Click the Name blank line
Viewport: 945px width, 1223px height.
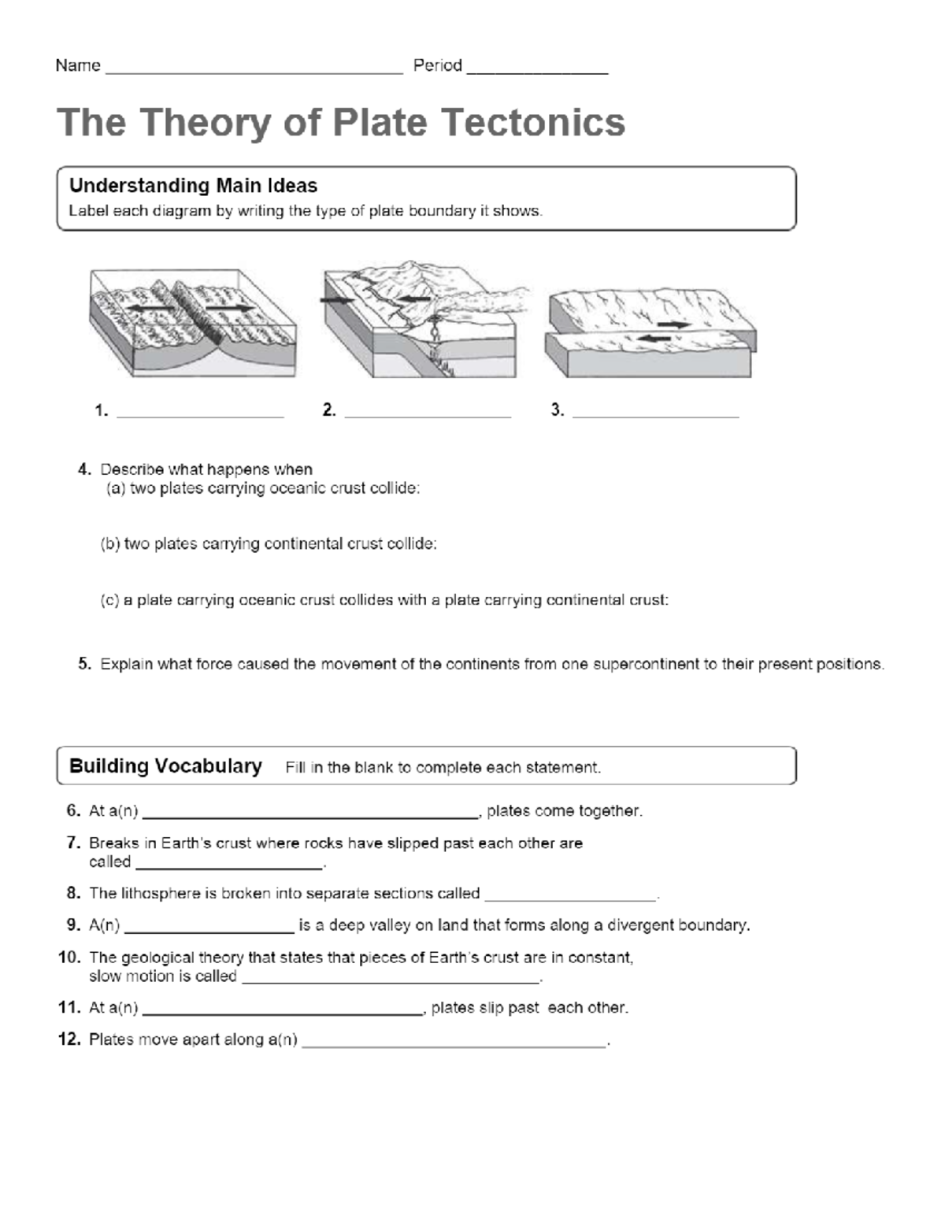(254, 71)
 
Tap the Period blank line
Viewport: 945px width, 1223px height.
(537, 71)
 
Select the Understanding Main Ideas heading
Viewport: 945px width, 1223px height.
(193, 186)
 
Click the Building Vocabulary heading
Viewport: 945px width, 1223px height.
(165, 766)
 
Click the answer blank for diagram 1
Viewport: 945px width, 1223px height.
(200, 414)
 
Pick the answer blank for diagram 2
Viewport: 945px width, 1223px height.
(428, 414)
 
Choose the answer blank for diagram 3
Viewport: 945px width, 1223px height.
(655, 414)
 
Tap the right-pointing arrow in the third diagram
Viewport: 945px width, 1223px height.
(674, 324)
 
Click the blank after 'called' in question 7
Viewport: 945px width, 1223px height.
(229, 868)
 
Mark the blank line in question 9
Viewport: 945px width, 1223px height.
(209, 931)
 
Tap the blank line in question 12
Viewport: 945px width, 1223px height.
(454, 1045)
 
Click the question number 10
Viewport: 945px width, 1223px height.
(70, 958)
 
